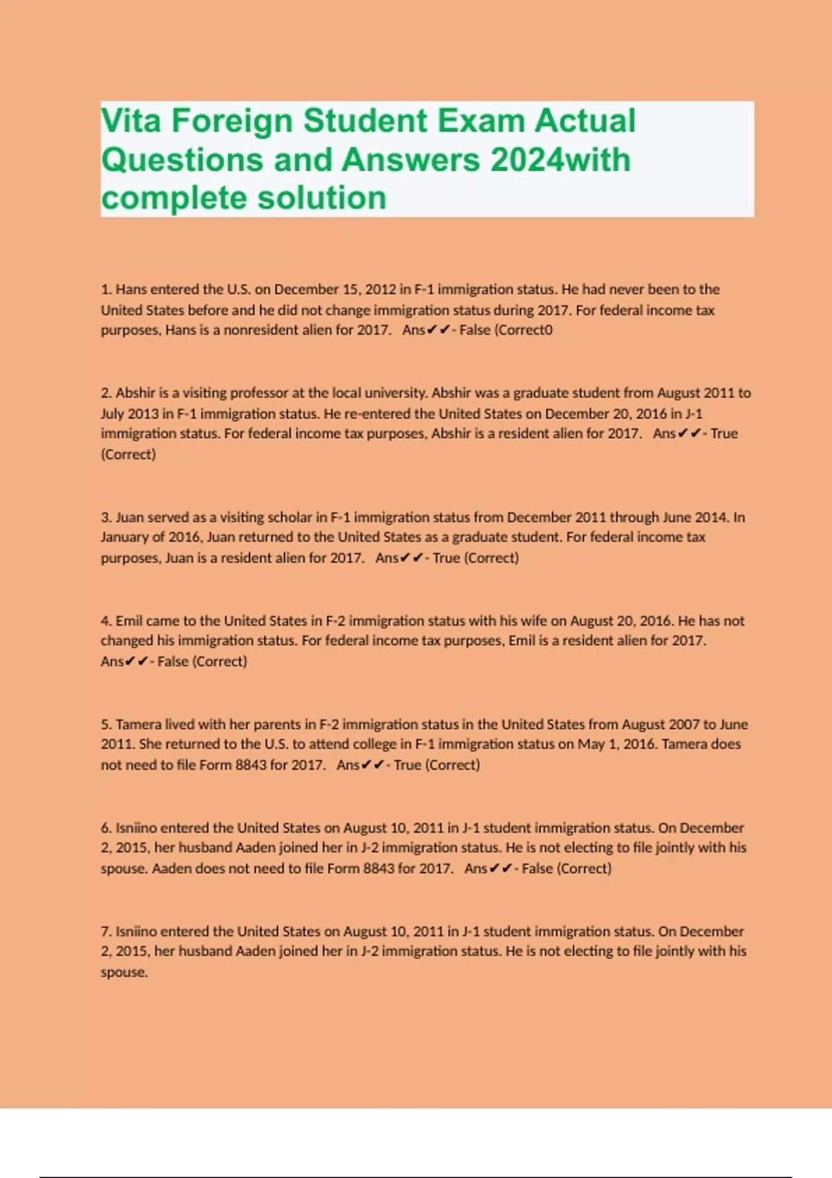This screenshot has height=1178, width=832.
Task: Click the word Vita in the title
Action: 131,121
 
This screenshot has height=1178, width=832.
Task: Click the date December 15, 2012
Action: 324,290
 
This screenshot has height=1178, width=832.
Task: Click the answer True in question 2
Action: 724,434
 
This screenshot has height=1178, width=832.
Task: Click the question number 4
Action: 106,621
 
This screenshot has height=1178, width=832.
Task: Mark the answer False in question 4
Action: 173,662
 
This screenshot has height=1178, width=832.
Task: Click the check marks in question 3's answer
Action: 411,559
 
